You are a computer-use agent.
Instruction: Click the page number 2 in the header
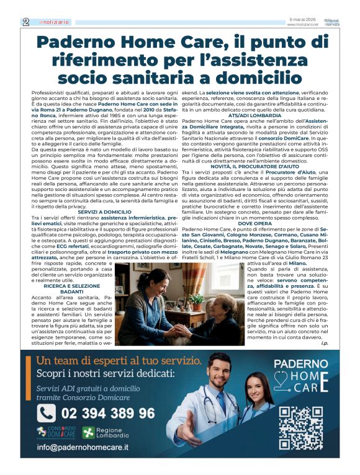[25, 21]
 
